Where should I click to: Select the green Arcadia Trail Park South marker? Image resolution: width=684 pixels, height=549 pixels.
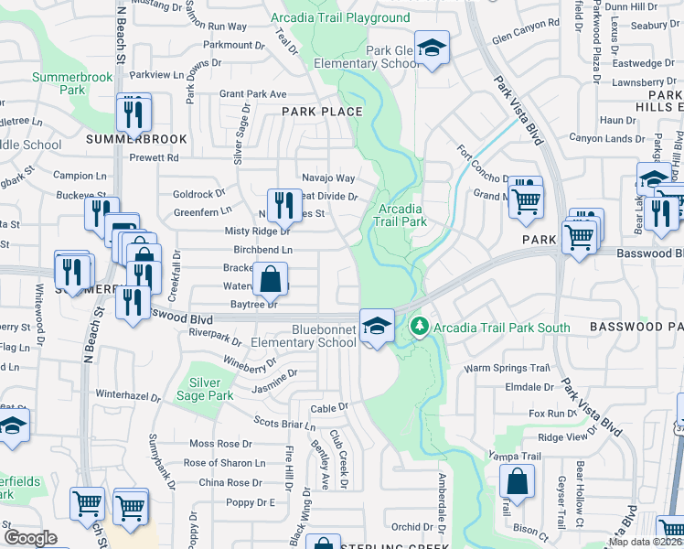coord(419,326)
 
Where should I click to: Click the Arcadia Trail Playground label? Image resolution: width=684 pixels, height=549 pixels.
coord(341,18)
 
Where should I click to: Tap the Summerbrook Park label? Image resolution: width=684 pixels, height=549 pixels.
coord(72,84)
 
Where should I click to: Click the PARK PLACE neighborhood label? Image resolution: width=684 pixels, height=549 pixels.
coord(322,112)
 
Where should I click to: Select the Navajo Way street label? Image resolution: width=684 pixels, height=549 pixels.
coord(328,178)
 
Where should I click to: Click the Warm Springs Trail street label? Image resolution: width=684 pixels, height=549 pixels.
coord(507,368)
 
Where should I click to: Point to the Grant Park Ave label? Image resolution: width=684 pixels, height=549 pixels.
coord(253,93)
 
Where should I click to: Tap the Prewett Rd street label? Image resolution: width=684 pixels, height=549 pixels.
coord(153,157)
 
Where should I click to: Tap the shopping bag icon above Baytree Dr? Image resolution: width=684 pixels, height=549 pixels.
coord(271,279)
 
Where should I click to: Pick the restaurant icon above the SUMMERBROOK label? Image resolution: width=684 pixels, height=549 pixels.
coord(134,113)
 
